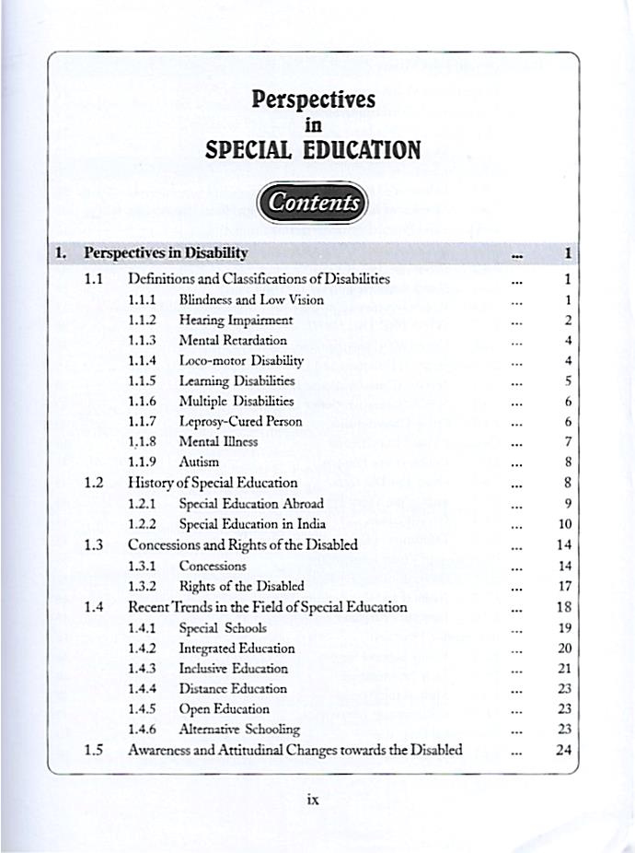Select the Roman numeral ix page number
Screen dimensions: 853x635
[312, 800]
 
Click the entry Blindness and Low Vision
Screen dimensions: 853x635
[251, 299]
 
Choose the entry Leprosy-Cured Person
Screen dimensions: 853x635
[240, 421]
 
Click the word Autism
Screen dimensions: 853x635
[199, 462]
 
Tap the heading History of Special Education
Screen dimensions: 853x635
[213, 482]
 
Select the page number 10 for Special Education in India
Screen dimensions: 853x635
[566, 524]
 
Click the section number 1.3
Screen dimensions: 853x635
[92, 544]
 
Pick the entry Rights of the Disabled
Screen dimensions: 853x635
[241, 585]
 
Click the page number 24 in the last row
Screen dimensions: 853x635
[565, 750]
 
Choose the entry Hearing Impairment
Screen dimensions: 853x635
[236, 320]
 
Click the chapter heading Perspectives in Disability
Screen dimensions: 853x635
[166, 252]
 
